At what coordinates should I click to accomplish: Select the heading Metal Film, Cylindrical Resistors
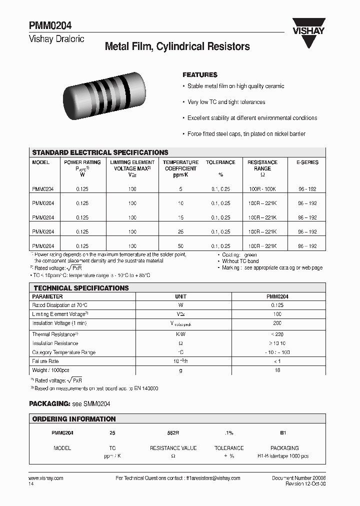tap(177, 46)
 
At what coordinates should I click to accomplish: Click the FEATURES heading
tap(200, 74)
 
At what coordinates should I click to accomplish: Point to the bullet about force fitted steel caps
tap(246, 134)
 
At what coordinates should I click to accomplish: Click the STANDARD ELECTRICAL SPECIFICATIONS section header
tap(100, 152)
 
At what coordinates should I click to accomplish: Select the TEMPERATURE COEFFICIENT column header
tap(180, 165)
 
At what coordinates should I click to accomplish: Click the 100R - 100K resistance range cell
tap(262, 189)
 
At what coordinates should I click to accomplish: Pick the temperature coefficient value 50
tap(180, 246)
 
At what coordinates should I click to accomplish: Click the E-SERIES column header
tap(307, 162)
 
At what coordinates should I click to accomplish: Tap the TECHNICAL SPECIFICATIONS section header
tap(80, 288)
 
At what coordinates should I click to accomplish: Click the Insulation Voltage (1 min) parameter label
tap(55, 323)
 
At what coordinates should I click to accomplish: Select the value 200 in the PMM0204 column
tap(277, 323)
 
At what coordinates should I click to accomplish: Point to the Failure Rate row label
tap(45, 361)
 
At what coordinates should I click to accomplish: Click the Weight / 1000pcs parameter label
tap(50, 370)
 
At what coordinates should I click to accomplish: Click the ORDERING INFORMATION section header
tap(73, 419)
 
